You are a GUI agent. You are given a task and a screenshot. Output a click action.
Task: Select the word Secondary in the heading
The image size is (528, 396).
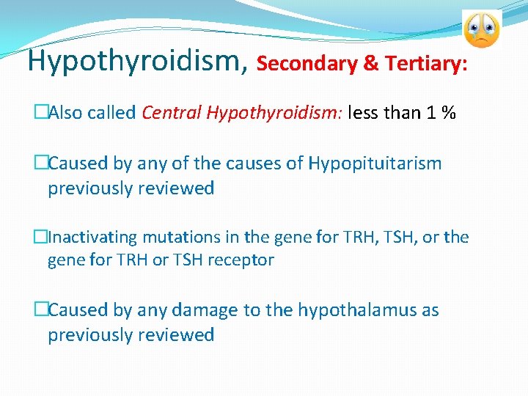308,64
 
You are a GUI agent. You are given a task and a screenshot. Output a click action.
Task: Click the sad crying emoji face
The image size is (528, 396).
481,30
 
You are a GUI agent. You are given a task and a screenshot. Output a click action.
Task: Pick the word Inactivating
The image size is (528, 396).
92,237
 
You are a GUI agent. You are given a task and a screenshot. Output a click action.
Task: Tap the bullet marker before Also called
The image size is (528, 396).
41,113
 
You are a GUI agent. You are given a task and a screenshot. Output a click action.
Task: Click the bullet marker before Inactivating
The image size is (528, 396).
41,237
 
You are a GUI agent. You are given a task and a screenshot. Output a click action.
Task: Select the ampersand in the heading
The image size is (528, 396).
371,64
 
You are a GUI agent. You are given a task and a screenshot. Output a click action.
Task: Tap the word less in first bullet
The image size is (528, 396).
364,113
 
